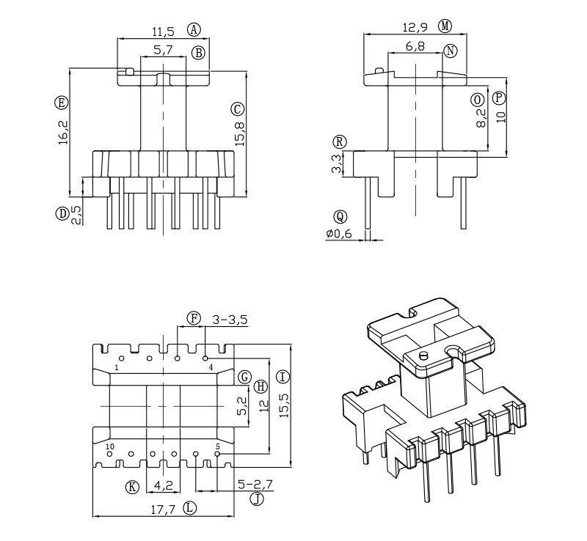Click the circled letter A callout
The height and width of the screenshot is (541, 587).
(194, 30)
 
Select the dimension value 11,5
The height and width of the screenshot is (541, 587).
(162, 32)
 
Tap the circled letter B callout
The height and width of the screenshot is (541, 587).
(198, 52)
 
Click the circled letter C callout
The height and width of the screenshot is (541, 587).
(237, 109)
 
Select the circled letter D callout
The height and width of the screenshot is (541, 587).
(62, 213)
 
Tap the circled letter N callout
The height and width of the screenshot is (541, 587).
(451, 50)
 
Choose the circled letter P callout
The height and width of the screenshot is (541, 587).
(500, 97)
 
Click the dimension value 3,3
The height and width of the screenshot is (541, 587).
(337, 163)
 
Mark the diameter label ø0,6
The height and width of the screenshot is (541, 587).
(339, 234)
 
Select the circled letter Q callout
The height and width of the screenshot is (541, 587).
(339, 216)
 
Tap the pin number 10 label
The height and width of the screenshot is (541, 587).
(110, 446)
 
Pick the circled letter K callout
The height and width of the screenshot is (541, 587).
(132, 487)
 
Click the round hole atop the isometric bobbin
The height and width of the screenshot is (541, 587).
(423, 356)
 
